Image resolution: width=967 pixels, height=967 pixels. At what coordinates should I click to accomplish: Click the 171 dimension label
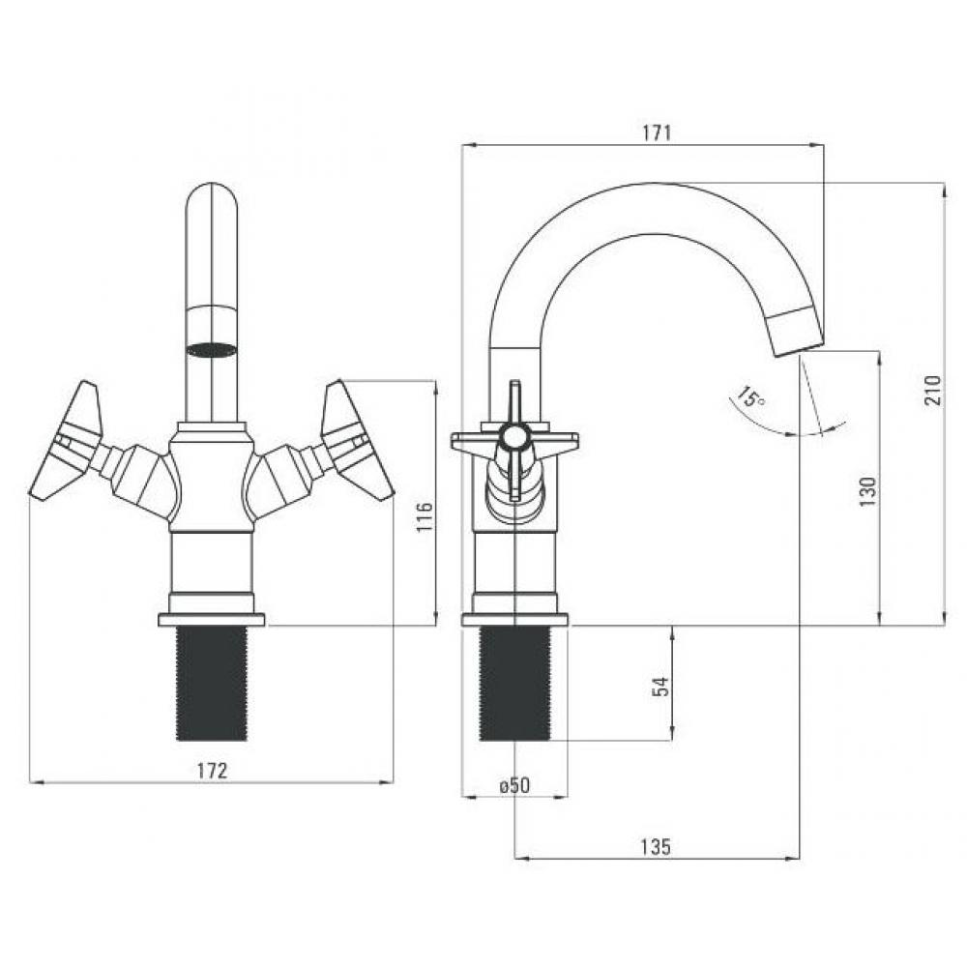point(657,133)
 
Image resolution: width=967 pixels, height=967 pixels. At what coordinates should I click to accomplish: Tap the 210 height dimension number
point(933,390)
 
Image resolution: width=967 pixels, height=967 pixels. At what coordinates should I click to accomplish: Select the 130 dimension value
point(867,491)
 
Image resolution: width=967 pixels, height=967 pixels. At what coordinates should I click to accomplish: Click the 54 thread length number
point(659,687)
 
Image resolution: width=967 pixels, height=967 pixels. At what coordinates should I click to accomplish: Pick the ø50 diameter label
point(514,785)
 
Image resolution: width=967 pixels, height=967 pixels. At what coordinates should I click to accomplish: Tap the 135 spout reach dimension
point(655,847)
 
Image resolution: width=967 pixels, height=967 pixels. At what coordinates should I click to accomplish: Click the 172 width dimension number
point(212,771)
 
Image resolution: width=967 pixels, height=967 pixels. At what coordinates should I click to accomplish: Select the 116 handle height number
point(425,517)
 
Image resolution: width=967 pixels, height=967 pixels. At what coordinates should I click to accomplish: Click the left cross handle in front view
point(66,442)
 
